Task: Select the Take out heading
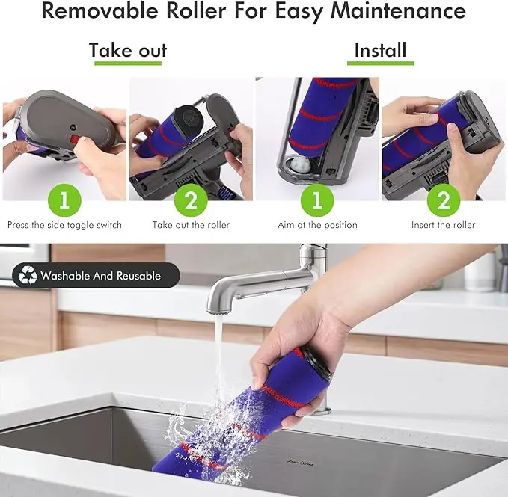point(128,51)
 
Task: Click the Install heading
point(380,51)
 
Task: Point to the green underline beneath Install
point(380,64)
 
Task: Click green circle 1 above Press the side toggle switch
point(64,200)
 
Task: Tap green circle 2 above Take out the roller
point(191,200)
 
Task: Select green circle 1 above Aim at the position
point(317,200)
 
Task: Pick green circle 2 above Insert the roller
point(443,200)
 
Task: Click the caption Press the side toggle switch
point(64,225)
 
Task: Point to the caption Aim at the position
point(317,225)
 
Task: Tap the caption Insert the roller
point(443,225)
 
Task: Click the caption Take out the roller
point(191,225)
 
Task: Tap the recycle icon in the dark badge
point(28,275)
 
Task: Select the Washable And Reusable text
point(100,276)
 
